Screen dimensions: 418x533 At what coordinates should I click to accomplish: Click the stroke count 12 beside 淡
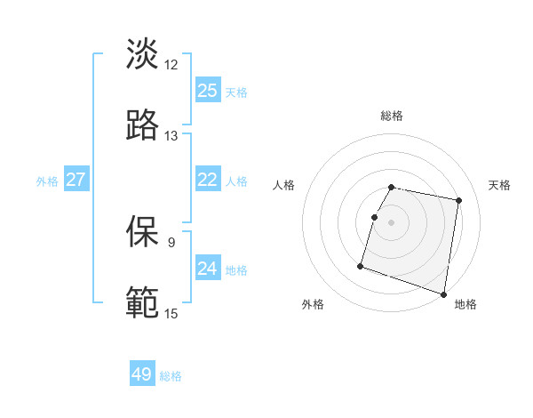171,64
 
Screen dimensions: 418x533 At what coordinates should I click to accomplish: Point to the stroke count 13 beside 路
171,135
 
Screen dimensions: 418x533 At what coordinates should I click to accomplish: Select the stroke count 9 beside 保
171,242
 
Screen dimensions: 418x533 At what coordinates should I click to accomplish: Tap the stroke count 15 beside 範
171,313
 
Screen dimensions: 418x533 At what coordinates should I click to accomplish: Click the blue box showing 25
208,91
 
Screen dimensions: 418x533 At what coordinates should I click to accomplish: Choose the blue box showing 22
208,180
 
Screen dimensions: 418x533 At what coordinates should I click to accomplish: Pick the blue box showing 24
208,269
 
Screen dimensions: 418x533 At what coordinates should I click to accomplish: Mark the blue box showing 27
76,180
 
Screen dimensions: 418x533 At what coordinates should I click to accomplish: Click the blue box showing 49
142,374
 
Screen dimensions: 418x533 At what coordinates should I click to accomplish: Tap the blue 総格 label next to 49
171,376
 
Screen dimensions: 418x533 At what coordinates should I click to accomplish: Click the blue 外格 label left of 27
47,181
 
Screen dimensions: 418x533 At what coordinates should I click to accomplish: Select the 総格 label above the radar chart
392,116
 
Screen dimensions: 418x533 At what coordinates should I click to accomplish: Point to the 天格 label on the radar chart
500,185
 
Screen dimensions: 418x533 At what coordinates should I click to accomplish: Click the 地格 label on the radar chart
465,305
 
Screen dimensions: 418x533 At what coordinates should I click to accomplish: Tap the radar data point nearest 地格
443,293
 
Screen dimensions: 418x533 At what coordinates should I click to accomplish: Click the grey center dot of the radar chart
392,221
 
